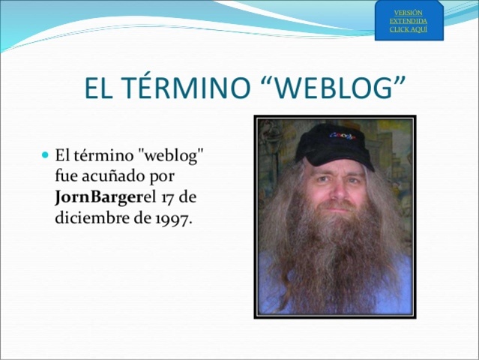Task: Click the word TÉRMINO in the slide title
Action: pos(193,88)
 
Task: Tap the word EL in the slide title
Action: pos(103,88)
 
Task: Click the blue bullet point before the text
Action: pos(44,155)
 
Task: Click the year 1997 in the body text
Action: pos(173,220)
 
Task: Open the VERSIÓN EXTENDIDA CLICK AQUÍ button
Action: pos(409,21)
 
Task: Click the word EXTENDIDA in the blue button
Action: pos(409,21)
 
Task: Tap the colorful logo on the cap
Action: pos(343,136)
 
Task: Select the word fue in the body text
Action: pos(66,177)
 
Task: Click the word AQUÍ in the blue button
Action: pos(418,29)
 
